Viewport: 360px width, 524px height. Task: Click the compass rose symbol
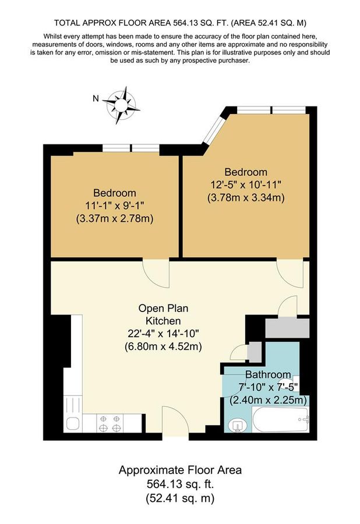coord(121,105)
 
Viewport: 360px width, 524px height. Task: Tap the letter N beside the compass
coord(96,98)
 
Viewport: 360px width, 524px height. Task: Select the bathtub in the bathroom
coord(280,419)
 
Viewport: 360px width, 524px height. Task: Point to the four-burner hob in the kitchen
coord(110,423)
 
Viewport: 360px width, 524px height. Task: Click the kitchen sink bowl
coord(73,423)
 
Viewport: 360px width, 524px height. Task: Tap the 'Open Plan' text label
coord(163,308)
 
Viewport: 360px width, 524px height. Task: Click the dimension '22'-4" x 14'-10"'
coord(163,334)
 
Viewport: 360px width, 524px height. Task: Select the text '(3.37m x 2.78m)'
coord(115,219)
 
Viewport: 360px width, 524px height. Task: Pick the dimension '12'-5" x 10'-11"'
coord(246,185)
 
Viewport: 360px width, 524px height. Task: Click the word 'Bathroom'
coord(268,374)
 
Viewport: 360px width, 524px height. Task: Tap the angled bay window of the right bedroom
coord(214,128)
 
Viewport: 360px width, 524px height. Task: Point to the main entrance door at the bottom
coord(175,421)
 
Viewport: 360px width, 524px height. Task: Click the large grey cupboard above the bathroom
coord(287,327)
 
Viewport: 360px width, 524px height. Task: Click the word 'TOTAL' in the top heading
coord(67,23)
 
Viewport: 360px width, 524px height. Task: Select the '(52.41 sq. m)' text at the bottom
coord(180,498)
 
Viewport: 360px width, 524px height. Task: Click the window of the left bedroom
coord(130,148)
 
